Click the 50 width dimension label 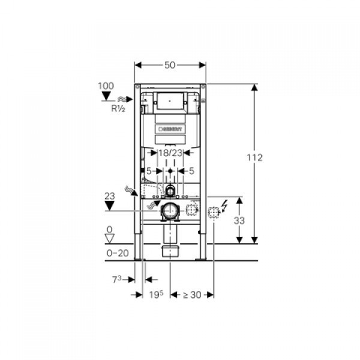(170, 65)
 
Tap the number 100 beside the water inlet (106, 86)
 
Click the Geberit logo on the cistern (171, 128)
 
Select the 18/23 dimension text (171, 153)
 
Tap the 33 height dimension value (239, 221)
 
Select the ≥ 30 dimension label (192, 294)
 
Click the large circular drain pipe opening (170, 211)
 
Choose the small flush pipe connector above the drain (171, 191)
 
